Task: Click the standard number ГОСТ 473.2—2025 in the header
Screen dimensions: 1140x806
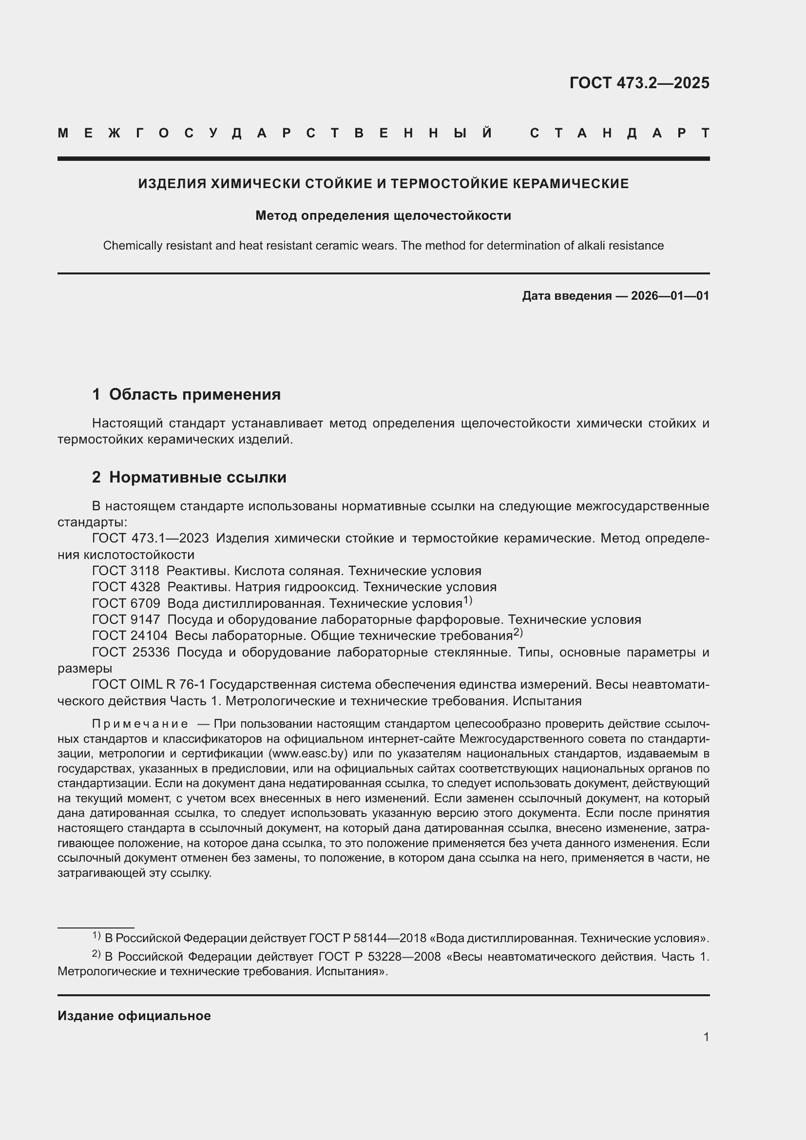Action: [639, 83]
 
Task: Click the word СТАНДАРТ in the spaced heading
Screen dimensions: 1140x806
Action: [619, 133]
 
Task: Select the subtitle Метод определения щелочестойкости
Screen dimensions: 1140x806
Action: [383, 215]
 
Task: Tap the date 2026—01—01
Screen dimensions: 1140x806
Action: [670, 296]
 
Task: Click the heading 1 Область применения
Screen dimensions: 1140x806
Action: [186, 394]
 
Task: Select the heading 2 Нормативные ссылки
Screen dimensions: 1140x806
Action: [189, 477]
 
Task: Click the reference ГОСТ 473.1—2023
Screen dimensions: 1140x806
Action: [151, 538]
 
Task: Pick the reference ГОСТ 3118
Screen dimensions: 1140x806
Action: [126, 571]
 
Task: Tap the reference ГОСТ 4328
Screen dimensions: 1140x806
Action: [126, 587]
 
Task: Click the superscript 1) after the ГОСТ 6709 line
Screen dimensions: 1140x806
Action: [467, 601]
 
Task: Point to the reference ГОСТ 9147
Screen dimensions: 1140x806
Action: [126, 619]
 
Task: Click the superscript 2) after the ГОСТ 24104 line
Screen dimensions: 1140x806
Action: [518, 633]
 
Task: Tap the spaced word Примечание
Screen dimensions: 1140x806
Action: [140, 724]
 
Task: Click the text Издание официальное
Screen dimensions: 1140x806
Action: [134, 1016]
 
